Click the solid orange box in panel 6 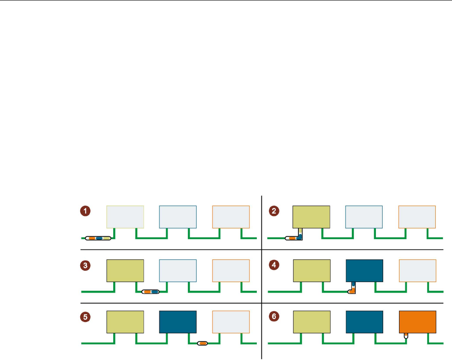[417, 322]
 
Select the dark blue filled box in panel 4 [364, 270]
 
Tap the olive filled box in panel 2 [312, 217]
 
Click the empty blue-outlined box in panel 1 [178, 217]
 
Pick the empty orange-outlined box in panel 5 [231, 322]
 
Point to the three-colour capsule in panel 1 [98, 238]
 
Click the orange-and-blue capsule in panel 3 [151, 292]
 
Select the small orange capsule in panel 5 [202, 344]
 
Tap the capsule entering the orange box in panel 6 [406, 336]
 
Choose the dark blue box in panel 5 [178, 322]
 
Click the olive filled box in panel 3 [125, 270]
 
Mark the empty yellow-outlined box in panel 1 [125, 217]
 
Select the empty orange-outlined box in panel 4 [417, 270]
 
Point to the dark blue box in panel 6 [364, 322]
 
